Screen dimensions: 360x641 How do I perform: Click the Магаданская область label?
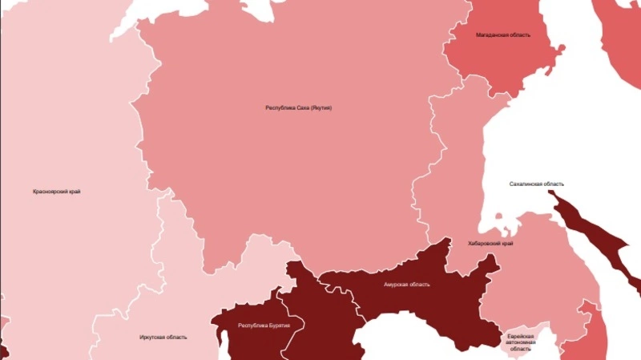point(502,35)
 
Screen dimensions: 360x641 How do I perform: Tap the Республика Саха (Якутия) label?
point(298,107)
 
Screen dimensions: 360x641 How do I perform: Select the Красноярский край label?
point(56,192)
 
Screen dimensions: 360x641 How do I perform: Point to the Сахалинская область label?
point(537,184)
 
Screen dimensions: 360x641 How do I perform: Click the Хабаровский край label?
point(491,243)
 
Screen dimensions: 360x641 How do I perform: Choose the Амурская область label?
point(406,285)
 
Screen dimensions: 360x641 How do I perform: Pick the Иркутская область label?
point(163,337)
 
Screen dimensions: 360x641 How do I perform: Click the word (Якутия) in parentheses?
point(319,107)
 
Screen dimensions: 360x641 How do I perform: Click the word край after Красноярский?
point(74,192)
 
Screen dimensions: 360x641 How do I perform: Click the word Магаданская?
point(490,35)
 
